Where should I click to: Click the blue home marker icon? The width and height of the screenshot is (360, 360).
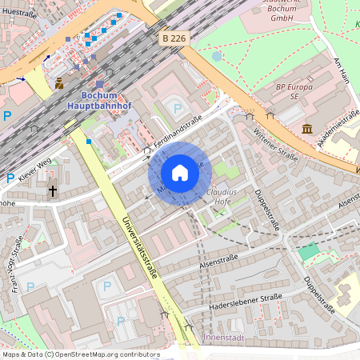tap(180, 173)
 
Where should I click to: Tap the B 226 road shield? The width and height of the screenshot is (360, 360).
tap(174, 38)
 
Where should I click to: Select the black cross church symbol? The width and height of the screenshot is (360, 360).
tap(53, 191)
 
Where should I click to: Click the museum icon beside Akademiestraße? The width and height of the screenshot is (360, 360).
tap(307, 129)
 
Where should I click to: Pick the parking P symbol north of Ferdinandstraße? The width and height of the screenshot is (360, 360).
tap(178, 107)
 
